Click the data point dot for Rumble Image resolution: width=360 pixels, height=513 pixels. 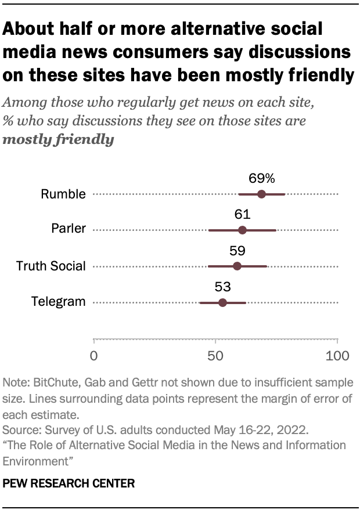pyautogui.click(x=261, y=194)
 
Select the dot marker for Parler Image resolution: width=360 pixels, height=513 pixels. pyautogui.click(x=242, y=230)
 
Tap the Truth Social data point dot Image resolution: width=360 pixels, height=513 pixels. pyautogui.click(x=237, y=266)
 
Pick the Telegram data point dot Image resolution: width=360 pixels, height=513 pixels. pyautogui.click(x=222, y=302)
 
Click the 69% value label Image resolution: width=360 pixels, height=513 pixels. pyautogui.click(x=261, y=178)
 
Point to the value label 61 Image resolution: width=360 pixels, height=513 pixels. pyautogui.click(x=242, y=215)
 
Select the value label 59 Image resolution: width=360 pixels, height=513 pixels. pyautogui.click(x=237, y=251)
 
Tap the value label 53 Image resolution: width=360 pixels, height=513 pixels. pyautogui.click(x=223, y=287)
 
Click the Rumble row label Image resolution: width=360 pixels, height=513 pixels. pyautogui.click(x=63, y=194)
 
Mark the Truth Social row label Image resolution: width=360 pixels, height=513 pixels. pyautogui.click(x=51, y=266)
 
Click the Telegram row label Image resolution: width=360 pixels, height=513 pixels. pyautogui.click(x=58, y=302)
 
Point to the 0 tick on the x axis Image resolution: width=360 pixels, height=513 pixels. pyautogui.click(x=94, y=355)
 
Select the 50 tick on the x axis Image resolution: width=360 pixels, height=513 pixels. pyautogui.click(x=215, y=355)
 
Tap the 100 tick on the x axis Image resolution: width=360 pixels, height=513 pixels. pyautogui.click(x=337, y=355)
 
